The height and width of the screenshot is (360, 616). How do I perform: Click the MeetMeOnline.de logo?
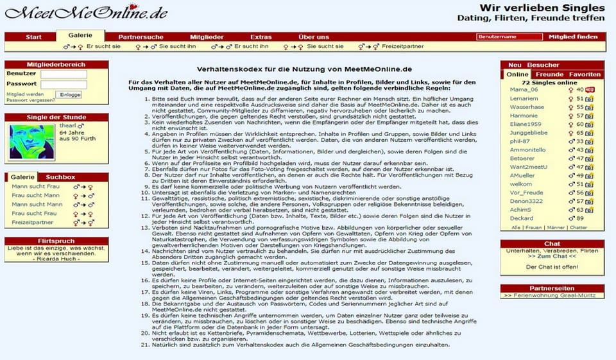(x=87, y=12)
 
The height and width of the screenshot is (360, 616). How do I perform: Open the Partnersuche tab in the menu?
(x=141, y=37)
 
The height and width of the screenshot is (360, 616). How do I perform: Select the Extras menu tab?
(x=261, y=37)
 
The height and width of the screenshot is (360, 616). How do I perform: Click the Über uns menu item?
(x=314, y=37)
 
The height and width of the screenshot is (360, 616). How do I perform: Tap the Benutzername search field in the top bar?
(x=509, y=37)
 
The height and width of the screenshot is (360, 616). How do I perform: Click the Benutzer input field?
(x=64, y=74)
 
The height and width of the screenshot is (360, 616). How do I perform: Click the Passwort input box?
(x=64, y=84)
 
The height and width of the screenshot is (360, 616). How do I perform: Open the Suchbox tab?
(x=61, y=177)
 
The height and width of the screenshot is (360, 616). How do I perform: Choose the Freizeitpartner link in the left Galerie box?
(x=32, y=222)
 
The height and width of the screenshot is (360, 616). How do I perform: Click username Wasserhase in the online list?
(x=527, y=107)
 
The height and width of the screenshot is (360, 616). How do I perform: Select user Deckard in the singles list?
(x=522, y=218)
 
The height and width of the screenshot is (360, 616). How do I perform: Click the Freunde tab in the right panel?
(x=549, y=74)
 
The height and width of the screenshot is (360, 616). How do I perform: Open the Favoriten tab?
(x=585, y=74)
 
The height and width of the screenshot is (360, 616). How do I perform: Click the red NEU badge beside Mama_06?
(x=589, y=90)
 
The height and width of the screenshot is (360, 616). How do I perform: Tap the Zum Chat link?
(x=552, y=257)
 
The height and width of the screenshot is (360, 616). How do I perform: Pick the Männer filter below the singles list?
(x=556, y=228)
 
